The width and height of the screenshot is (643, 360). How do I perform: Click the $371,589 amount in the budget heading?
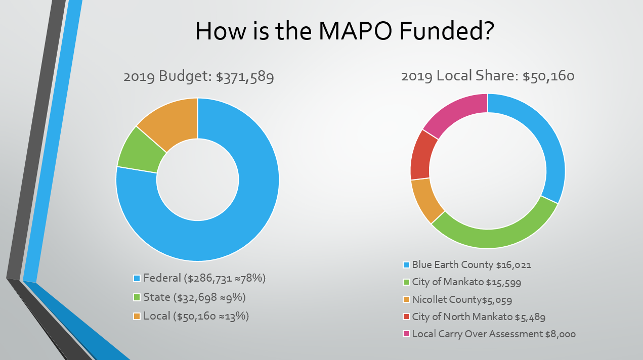click(x=245, y=77)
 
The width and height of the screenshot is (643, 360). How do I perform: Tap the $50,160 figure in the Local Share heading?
click(x=548, y=76)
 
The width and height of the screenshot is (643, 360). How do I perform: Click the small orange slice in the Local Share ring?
click(x=426, y=200)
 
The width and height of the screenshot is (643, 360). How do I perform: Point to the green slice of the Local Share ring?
click(x=493, y=235)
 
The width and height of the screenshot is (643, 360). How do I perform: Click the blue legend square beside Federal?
click(x=137, y=279)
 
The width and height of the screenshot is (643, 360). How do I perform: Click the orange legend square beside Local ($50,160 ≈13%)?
click(x=137, y=317)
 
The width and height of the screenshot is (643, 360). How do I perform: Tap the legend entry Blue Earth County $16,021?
click(x=471, y=264)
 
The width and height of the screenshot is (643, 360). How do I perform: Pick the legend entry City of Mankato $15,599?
click(x=466, y=282)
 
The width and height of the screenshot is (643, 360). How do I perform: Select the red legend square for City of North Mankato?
click(x=406, y=317)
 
